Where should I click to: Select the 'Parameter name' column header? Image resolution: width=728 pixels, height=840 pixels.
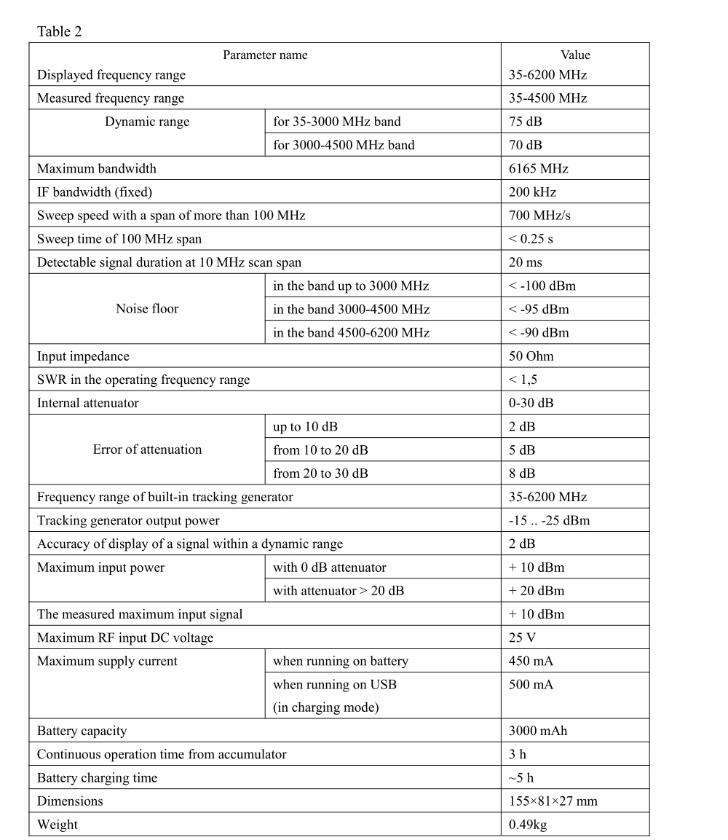tap(265, 55)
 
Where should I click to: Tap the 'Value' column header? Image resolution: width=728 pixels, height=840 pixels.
tap(575, 55)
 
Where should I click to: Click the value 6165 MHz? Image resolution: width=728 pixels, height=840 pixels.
tap(538, 168)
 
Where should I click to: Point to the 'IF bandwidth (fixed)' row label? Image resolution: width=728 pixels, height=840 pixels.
tap(95, 192)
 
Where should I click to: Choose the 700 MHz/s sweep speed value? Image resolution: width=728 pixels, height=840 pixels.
tap(539, 216)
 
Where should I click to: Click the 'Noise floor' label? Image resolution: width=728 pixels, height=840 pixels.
tap(147, 309)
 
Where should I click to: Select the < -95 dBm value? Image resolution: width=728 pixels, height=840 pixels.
tap(539, 309)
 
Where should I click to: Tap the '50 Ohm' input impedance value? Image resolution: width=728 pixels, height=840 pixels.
tap(531, 356)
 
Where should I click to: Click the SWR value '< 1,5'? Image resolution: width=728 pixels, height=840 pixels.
tap(523, 380)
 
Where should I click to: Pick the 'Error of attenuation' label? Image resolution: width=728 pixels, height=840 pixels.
tap(147, 450)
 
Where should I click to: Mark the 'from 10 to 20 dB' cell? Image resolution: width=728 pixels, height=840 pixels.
tap(320, 450)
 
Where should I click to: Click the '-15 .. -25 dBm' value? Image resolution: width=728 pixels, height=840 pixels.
tap(549, 520)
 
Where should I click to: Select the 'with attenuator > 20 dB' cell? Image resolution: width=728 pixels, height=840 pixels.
tap(339, 591)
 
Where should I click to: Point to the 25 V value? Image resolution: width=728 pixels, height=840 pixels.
tap(522, 637)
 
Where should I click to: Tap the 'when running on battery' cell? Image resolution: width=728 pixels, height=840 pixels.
tap(341, 662)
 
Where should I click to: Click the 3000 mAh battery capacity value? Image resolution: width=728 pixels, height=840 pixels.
tap(538, 731)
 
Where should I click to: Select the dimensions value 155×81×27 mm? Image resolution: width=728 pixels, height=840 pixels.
tap(553, 801)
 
